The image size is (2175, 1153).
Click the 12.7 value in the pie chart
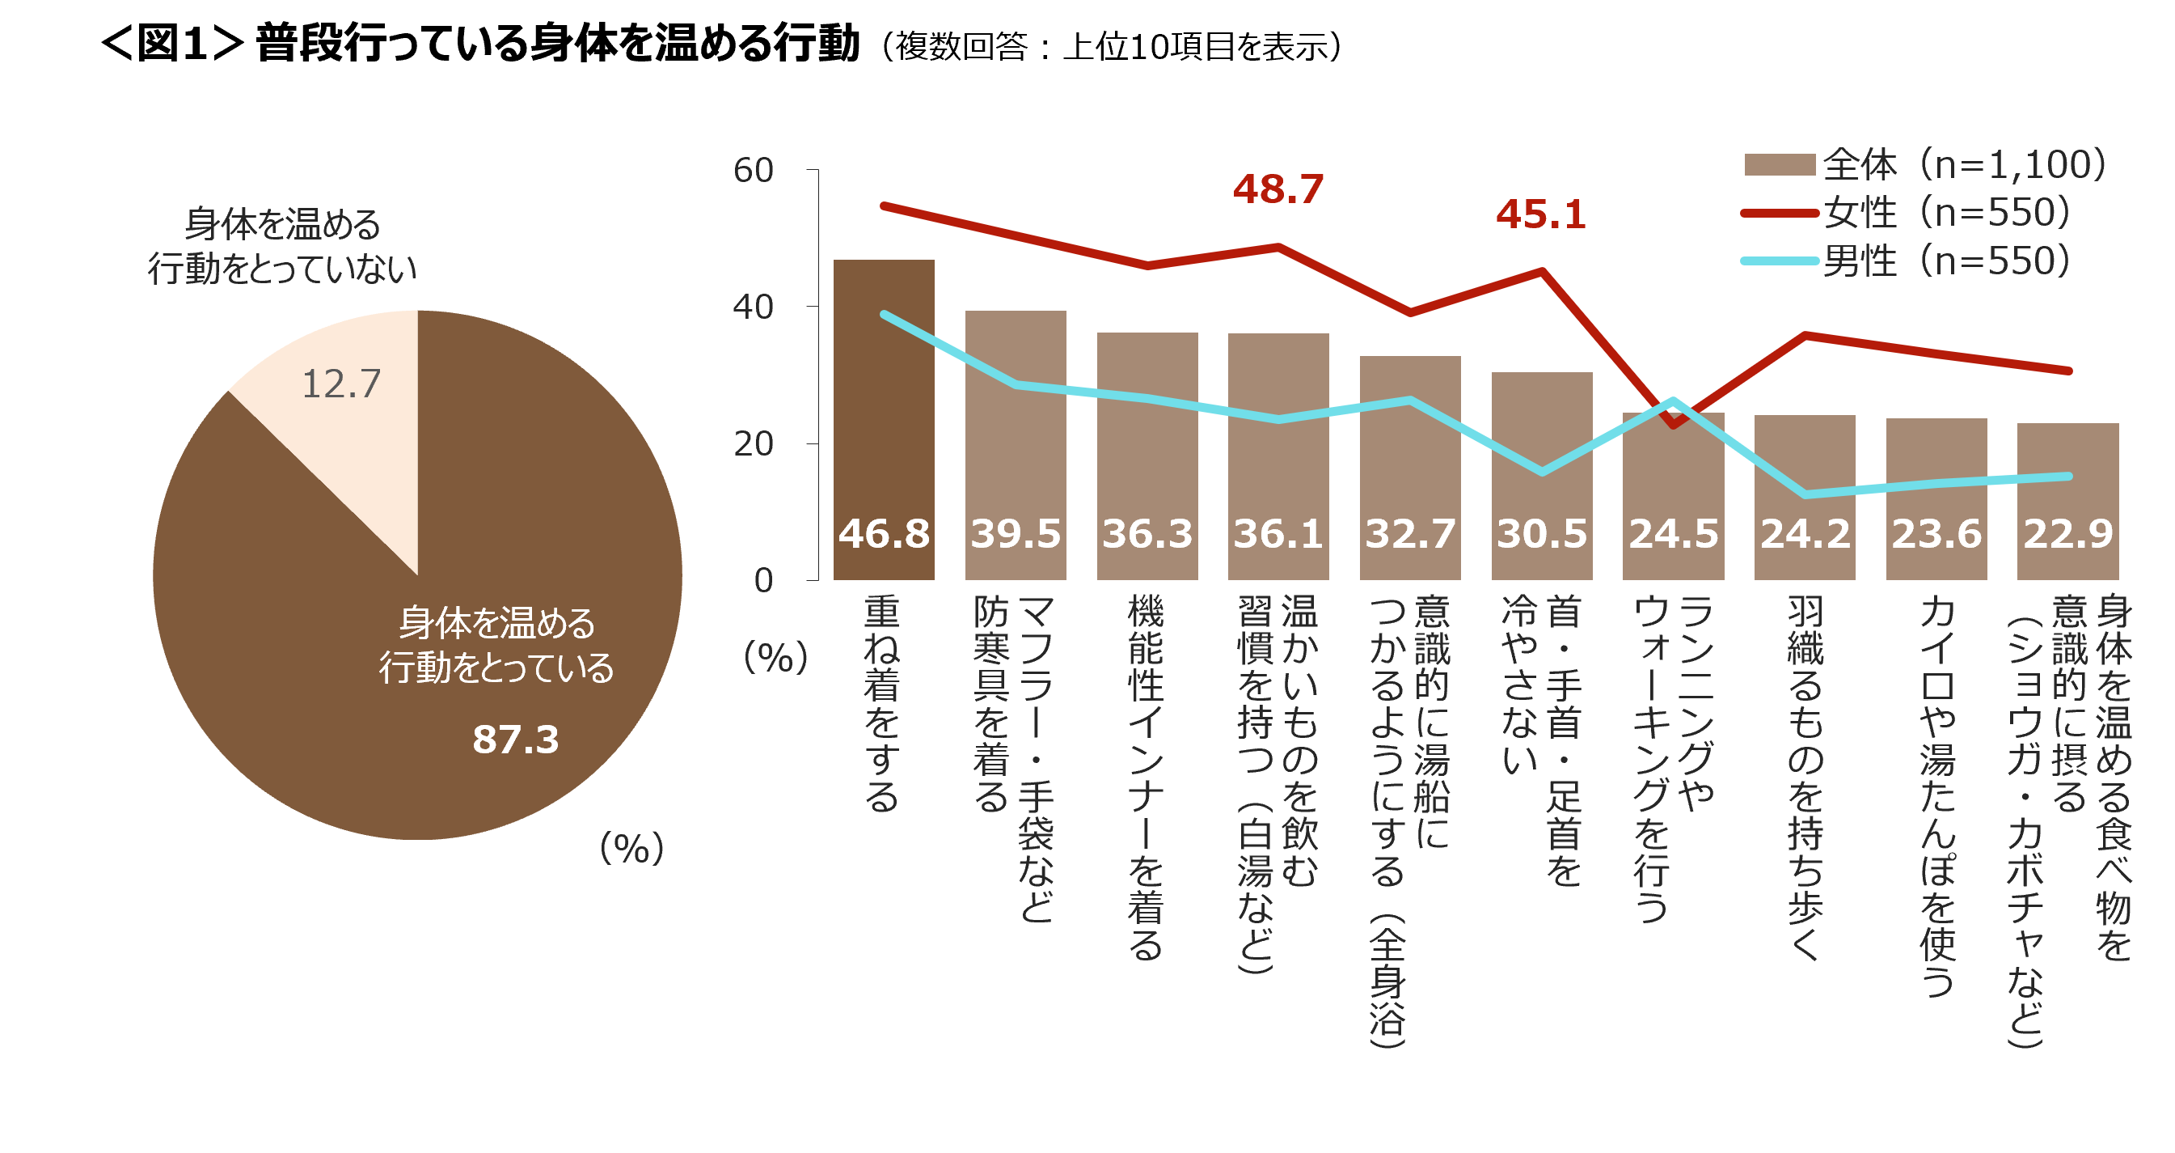tap(341, 384)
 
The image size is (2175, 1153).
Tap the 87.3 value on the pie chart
tap(515, 740)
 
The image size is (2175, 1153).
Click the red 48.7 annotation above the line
tap(1278, 189)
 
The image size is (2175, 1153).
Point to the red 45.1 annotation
tap(1541, 214)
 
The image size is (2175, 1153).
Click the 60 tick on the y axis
tap(753, 171)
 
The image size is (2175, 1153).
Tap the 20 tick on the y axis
tap(753, 444)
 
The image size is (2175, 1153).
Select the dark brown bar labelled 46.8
tap(883, 405)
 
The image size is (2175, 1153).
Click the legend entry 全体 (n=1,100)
tap(1925, 165)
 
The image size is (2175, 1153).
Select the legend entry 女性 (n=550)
tap(1908, 213)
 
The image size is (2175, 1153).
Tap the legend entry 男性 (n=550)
tap(1908, 261)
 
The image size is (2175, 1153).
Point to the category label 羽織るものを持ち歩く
tap(1805, 777)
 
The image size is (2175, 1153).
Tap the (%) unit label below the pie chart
tap(631, 848)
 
